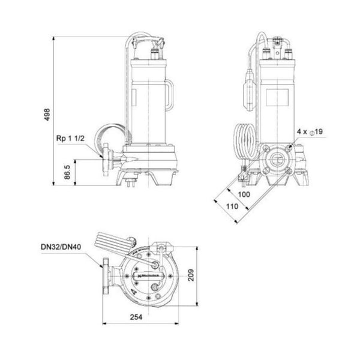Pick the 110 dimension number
(x=224, y=206)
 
